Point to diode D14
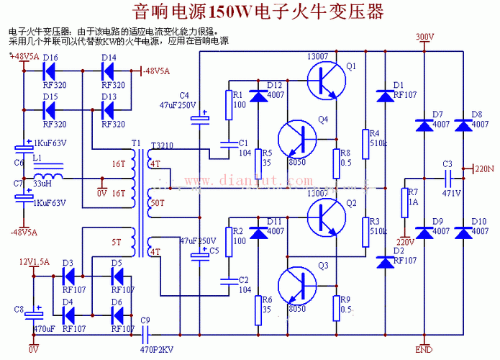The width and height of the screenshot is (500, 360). [109, 71]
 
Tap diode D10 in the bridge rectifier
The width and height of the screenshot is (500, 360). [464, 232]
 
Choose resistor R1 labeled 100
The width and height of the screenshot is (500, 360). [229, 105]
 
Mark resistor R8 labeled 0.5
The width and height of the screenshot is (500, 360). [335, 163]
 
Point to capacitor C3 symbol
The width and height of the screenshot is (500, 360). [447, 176]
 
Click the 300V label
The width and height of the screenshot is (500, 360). [425, 37]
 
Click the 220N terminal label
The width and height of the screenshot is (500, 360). [483, 171]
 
